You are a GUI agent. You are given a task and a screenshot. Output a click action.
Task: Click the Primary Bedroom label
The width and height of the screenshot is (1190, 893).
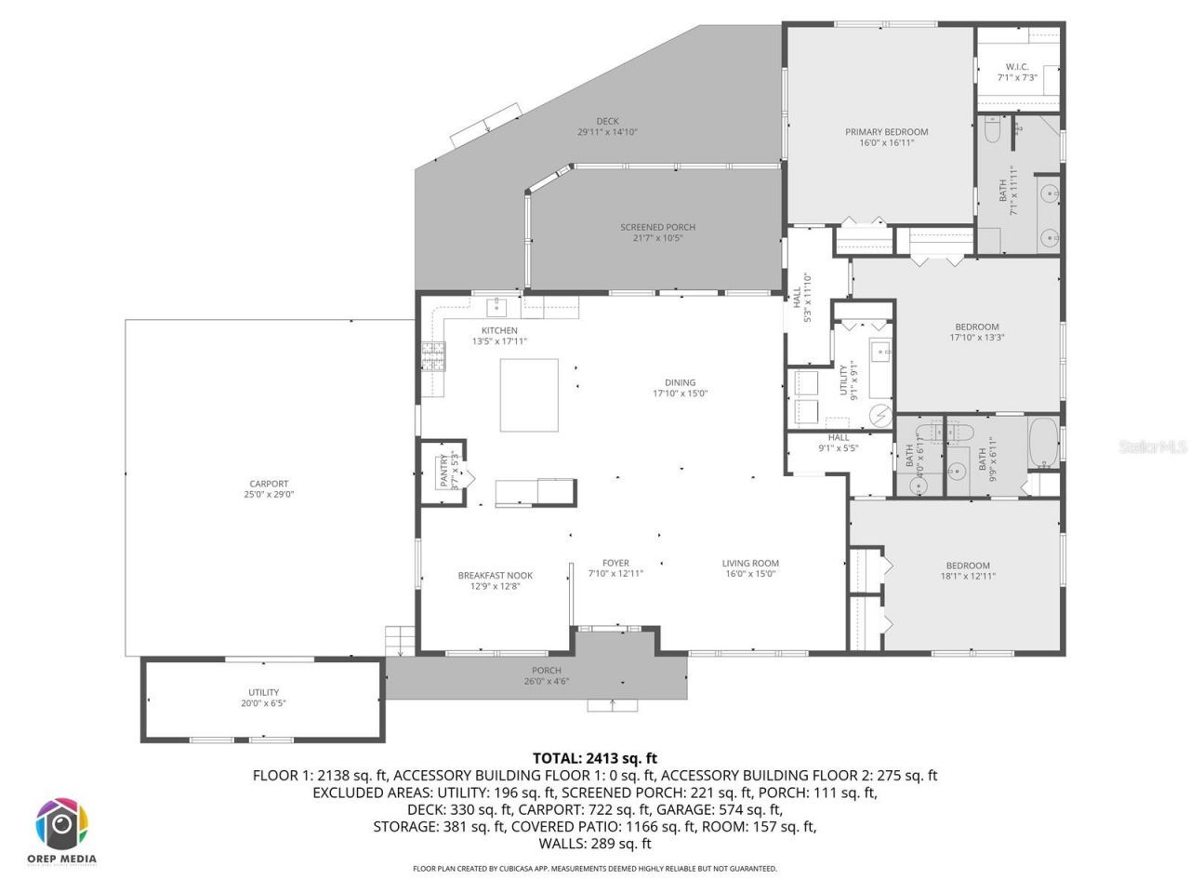coord(886,138)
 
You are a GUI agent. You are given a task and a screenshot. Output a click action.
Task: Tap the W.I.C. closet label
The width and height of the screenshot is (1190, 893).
coord(1016,72)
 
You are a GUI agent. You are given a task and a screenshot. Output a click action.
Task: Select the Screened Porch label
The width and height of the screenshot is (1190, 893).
coord(657,233)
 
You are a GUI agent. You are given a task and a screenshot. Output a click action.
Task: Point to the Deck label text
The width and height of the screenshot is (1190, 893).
coord(607,127)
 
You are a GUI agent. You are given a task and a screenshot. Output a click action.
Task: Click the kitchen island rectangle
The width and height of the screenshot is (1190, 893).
coord(529,395)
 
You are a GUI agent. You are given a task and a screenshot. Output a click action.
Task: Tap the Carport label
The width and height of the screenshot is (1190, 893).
coord(269,489)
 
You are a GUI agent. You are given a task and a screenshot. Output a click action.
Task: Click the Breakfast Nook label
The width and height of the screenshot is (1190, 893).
coord(495,580)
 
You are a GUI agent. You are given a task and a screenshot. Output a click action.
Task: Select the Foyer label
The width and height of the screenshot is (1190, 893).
coord(615,568)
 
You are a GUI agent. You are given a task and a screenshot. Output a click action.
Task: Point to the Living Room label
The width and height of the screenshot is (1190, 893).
coord(750,568)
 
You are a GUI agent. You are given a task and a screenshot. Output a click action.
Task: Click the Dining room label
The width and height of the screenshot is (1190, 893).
coord(680,388)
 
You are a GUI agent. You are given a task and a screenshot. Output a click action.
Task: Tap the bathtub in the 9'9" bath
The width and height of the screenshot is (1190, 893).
coord(1043,444)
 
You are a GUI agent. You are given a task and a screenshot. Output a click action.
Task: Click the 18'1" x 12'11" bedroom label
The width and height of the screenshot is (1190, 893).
coord(968,570)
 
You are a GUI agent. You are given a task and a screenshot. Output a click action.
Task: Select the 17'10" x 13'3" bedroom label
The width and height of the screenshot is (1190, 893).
coord(976,332)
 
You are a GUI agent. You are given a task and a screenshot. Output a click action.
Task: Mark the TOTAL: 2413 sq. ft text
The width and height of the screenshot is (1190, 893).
coord(594,758)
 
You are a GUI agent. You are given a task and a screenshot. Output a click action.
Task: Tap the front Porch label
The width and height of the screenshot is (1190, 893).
coord(546,675)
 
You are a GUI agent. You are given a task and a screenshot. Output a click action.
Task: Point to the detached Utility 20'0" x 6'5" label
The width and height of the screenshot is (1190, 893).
coord(263,698)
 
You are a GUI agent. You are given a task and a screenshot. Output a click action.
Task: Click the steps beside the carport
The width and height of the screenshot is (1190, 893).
coord(399,641)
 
